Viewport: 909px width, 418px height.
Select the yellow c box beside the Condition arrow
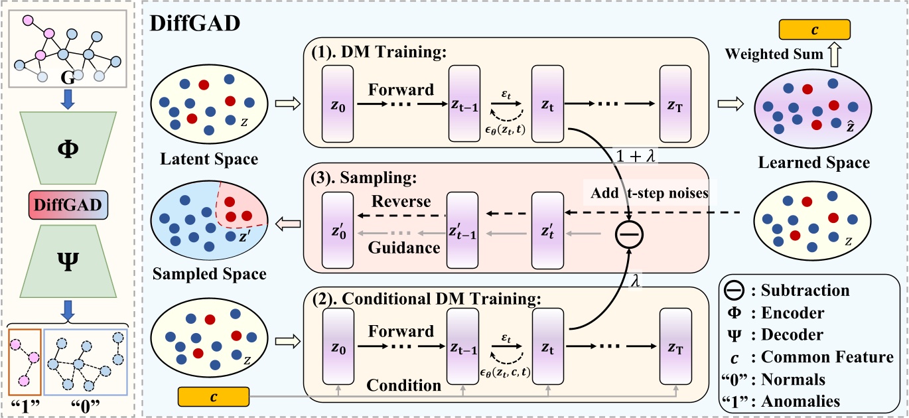(x=213, y=397)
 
